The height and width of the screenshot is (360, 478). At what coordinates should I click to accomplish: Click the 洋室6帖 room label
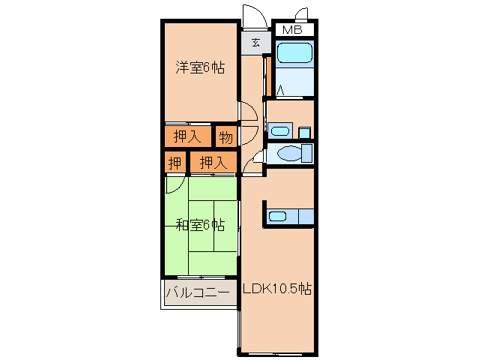[x=200, y=67]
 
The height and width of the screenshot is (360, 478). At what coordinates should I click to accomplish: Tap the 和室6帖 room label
[x=201, y=226]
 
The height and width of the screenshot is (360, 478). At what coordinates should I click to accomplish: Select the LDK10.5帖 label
[x=276, y=289]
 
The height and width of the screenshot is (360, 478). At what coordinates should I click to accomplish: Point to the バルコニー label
[x=198, y=292]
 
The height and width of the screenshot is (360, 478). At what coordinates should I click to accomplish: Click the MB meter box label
[x=292, y=30]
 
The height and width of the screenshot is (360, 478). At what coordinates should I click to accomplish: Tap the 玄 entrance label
[x=255, y=43]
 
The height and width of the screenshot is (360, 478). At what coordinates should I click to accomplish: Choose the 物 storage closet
[x=226, y=137]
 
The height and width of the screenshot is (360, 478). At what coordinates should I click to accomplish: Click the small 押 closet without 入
[x=175, y=162]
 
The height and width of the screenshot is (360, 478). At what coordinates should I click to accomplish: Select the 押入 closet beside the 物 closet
[x=188, y=136]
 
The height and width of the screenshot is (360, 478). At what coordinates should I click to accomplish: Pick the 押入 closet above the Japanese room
[x=214, y=162]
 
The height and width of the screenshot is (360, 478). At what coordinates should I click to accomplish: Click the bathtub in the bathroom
[x=294, y=53]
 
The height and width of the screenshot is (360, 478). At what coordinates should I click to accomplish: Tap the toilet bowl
[x=290, y=153]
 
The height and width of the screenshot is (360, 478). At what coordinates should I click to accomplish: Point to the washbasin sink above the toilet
[x=280, y=131]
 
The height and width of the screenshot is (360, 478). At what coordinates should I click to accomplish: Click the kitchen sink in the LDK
[x=277, y=217]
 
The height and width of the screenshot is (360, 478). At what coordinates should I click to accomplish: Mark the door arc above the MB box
[x=301, y=13]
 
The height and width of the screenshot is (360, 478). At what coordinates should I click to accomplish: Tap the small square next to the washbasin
[x=304, y=133]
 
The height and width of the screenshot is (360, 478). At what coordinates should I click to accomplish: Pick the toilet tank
[x=306, y=153]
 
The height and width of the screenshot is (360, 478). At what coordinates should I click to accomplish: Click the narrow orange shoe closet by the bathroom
[x=268, y=76]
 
